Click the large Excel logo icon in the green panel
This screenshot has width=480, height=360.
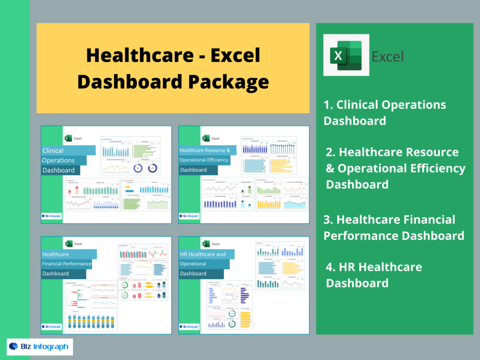click(346, 55)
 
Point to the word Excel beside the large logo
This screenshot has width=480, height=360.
click(387, 57)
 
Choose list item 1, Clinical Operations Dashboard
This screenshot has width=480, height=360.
click(384, 112)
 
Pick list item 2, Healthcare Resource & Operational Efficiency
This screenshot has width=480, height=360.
click(395, 168)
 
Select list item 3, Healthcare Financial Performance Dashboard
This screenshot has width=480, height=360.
click(394, 227)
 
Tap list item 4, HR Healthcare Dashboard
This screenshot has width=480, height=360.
click(374, 275)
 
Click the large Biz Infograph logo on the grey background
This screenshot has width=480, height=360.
click(39, 347)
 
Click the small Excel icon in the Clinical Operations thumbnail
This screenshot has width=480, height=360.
click(67, 138)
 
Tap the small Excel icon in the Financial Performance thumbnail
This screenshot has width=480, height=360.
click(68, 244)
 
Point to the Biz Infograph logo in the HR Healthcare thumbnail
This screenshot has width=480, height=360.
click(190, 327)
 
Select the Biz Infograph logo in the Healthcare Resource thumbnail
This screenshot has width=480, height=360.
click(190, 216)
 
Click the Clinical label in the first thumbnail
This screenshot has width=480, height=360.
click(53, 150)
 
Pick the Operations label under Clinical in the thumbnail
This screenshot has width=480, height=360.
click(59, 160)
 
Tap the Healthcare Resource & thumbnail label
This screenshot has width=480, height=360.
click(205, 150)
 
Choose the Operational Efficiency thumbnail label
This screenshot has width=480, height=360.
click(204, 160)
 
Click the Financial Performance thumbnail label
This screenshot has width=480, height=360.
click(67, 264)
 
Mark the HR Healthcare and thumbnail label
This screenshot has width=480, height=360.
click(202, 255)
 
